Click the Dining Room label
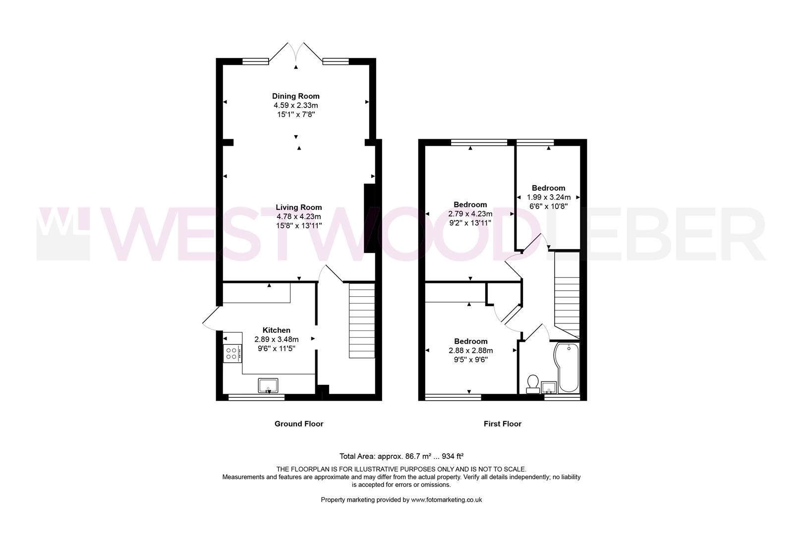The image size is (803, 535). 295,96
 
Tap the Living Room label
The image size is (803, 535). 299,208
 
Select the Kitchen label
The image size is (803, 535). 276,330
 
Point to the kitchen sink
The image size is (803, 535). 268,385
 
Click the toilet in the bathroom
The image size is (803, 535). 533,384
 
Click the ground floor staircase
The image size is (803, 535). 362,320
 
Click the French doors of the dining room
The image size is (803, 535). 296,53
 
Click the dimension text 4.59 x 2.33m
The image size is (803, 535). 295,106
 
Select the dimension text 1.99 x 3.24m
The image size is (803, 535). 548,197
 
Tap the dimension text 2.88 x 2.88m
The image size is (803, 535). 470,351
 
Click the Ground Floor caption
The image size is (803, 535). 299,424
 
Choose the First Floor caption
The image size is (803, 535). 503,424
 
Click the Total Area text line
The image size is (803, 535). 401,456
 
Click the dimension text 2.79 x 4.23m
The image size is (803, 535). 470,214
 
